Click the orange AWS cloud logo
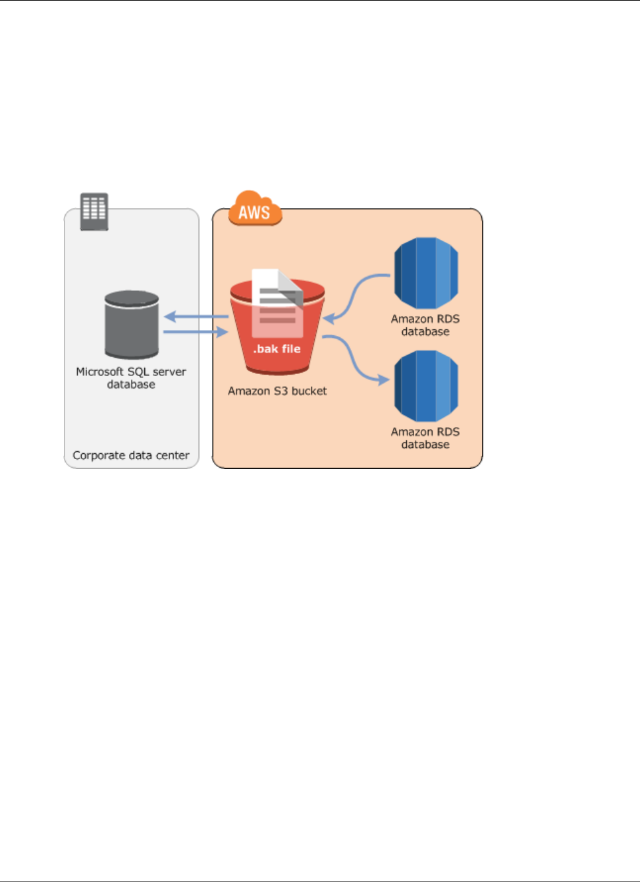pyautogui.click(x=255, y=209)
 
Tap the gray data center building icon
pyautogui.click(x=93, y=211)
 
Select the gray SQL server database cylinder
pyautogui.click(x=132, y=325)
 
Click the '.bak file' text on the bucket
pyautogui.click(x=277, y=349)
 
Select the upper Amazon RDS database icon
pyautogui.click(x=425, y=273)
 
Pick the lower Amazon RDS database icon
pyautogui.click(x=425, y=386)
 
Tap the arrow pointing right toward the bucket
pyautogui.click(x=196, y=332)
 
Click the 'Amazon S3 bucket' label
pyautogui.click(x=277, y=391)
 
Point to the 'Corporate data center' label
pyautogui.click(x=131, y=456)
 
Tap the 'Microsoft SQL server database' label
pyautogui.click(x=131, y=378)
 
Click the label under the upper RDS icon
pyautogui.click(x=425, y=325)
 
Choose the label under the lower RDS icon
pyautogui.click(x=425, y=438)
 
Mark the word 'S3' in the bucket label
pyautogui.click(x=281, y=391)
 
